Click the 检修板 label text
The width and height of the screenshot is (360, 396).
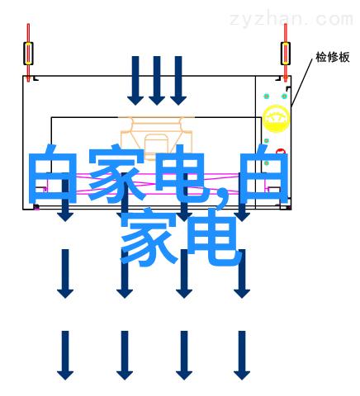[333, 57]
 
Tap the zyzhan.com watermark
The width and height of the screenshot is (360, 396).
[291, 20]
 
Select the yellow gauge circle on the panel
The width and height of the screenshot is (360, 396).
[276, 119]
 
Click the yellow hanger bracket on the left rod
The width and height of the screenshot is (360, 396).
[28, 54]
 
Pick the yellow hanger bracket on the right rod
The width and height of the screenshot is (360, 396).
[286, 54]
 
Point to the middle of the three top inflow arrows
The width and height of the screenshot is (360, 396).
[157, 81]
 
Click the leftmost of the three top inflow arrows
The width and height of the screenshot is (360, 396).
[135, 81]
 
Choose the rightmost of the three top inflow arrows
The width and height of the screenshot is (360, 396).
[178, 81]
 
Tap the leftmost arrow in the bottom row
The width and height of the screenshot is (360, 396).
[65, 356]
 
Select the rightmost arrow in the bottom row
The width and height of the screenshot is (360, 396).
[242, 356]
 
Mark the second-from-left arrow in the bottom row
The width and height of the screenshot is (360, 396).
[125, 356]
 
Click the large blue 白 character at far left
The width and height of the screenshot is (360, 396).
[53, 174]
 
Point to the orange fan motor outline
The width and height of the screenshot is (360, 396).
[157, 139]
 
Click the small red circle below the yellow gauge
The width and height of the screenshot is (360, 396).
[281, 152]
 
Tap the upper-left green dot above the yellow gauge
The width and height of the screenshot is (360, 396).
[267, 97]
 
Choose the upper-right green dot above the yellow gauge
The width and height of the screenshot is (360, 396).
[284, 97]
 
